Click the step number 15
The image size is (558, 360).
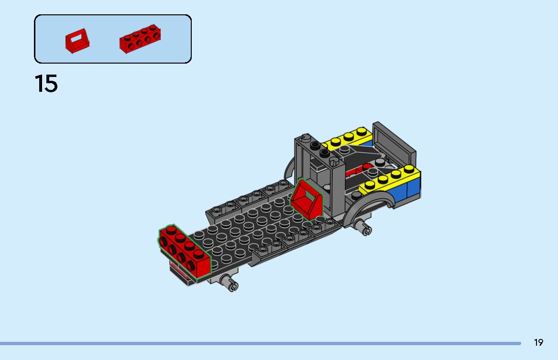46,84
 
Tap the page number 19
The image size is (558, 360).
538,342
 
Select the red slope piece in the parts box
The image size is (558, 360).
77,41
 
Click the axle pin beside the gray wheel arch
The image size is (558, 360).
364,228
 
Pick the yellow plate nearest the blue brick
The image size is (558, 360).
388,180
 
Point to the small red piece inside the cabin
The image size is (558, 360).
356,171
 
